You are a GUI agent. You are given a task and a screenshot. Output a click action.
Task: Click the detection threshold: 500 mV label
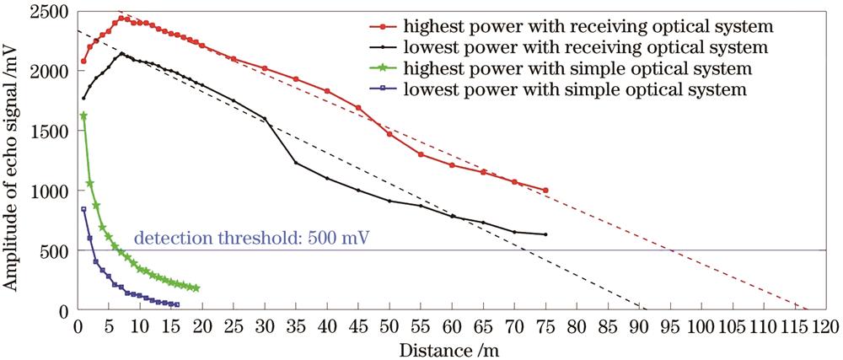point(251,238)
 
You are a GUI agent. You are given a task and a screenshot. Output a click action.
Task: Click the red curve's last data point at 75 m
point(546,191)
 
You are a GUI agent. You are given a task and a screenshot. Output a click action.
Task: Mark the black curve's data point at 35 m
point(296,163)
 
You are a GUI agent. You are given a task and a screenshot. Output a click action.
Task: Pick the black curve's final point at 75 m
point(546,234)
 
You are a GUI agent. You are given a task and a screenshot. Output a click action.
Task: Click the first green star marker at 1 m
point(83,116)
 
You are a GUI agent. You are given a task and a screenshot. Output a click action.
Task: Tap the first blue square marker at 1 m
point(83,209)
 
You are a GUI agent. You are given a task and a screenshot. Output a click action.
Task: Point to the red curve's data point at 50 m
point(389,134)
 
